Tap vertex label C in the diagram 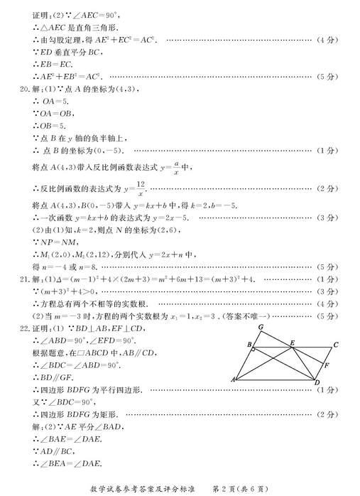336,346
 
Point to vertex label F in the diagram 326,366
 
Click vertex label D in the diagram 317,384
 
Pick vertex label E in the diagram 291,343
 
